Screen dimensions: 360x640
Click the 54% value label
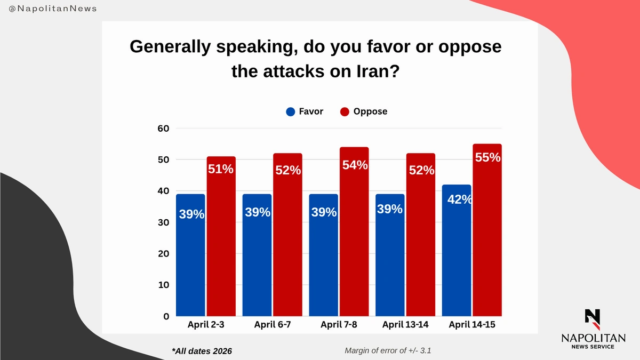pyautogui.click(x=355, y=165)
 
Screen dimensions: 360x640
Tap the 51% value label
pyautogui.click(x=221, y=169)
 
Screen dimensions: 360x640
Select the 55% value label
pyautogui.click(x=487, y=158)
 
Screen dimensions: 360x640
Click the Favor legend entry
pyautogui.click(x=305, y=112)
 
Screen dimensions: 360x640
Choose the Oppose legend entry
pyautogui.click(x=364, y=112)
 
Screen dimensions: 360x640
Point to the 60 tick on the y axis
pyautogui.click(x=163, y=129)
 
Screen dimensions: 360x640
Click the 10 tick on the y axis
pyautogui.click(x=163, y=285)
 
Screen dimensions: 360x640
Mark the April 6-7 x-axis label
pyautogui.click(x=272, y=324)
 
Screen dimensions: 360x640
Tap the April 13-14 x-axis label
pyautogui.click(x=405, y=324)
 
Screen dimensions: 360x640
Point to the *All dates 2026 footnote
pyautogui.click(x=202, y=351)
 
